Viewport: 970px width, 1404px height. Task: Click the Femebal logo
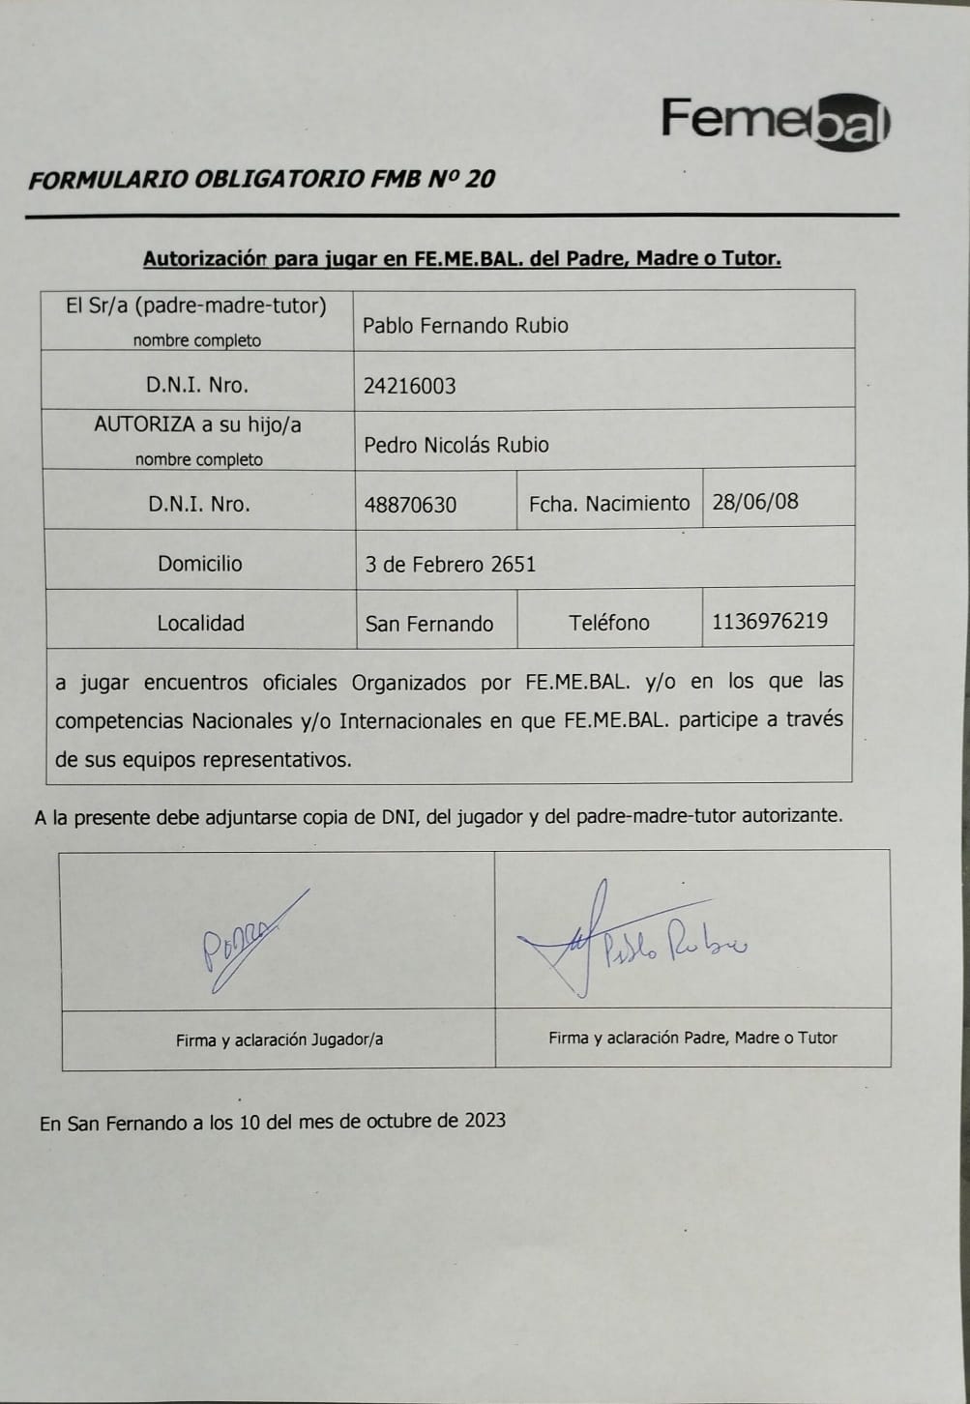click(776, 122)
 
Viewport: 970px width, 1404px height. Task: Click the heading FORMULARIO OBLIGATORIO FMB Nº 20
click(261, 179)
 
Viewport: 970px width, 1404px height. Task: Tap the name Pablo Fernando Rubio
click(465, 326)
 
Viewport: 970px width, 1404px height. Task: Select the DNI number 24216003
click(409, 386)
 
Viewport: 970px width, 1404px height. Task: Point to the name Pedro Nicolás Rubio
click(456, 445)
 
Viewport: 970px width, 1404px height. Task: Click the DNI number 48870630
click(410, 505)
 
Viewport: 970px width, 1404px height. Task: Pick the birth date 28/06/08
click(755, 501)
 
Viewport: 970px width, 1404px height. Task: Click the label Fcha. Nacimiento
click(609, 503)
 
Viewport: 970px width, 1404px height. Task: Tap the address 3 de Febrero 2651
click(450, 565)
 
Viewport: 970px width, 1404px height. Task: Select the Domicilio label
click(200, 564)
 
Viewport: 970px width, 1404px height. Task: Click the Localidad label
click(200, 624)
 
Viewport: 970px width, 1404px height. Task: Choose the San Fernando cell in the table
click(429, 624)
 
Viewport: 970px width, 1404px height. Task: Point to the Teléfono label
click(609, 623)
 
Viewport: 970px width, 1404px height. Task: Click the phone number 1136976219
click(770, 621)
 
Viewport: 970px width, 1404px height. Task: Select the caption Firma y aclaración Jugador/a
click(279, 1040)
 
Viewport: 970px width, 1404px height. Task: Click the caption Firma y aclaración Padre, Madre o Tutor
click(692, 1038)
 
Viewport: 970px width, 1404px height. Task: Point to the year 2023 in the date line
click(485, 1121)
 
